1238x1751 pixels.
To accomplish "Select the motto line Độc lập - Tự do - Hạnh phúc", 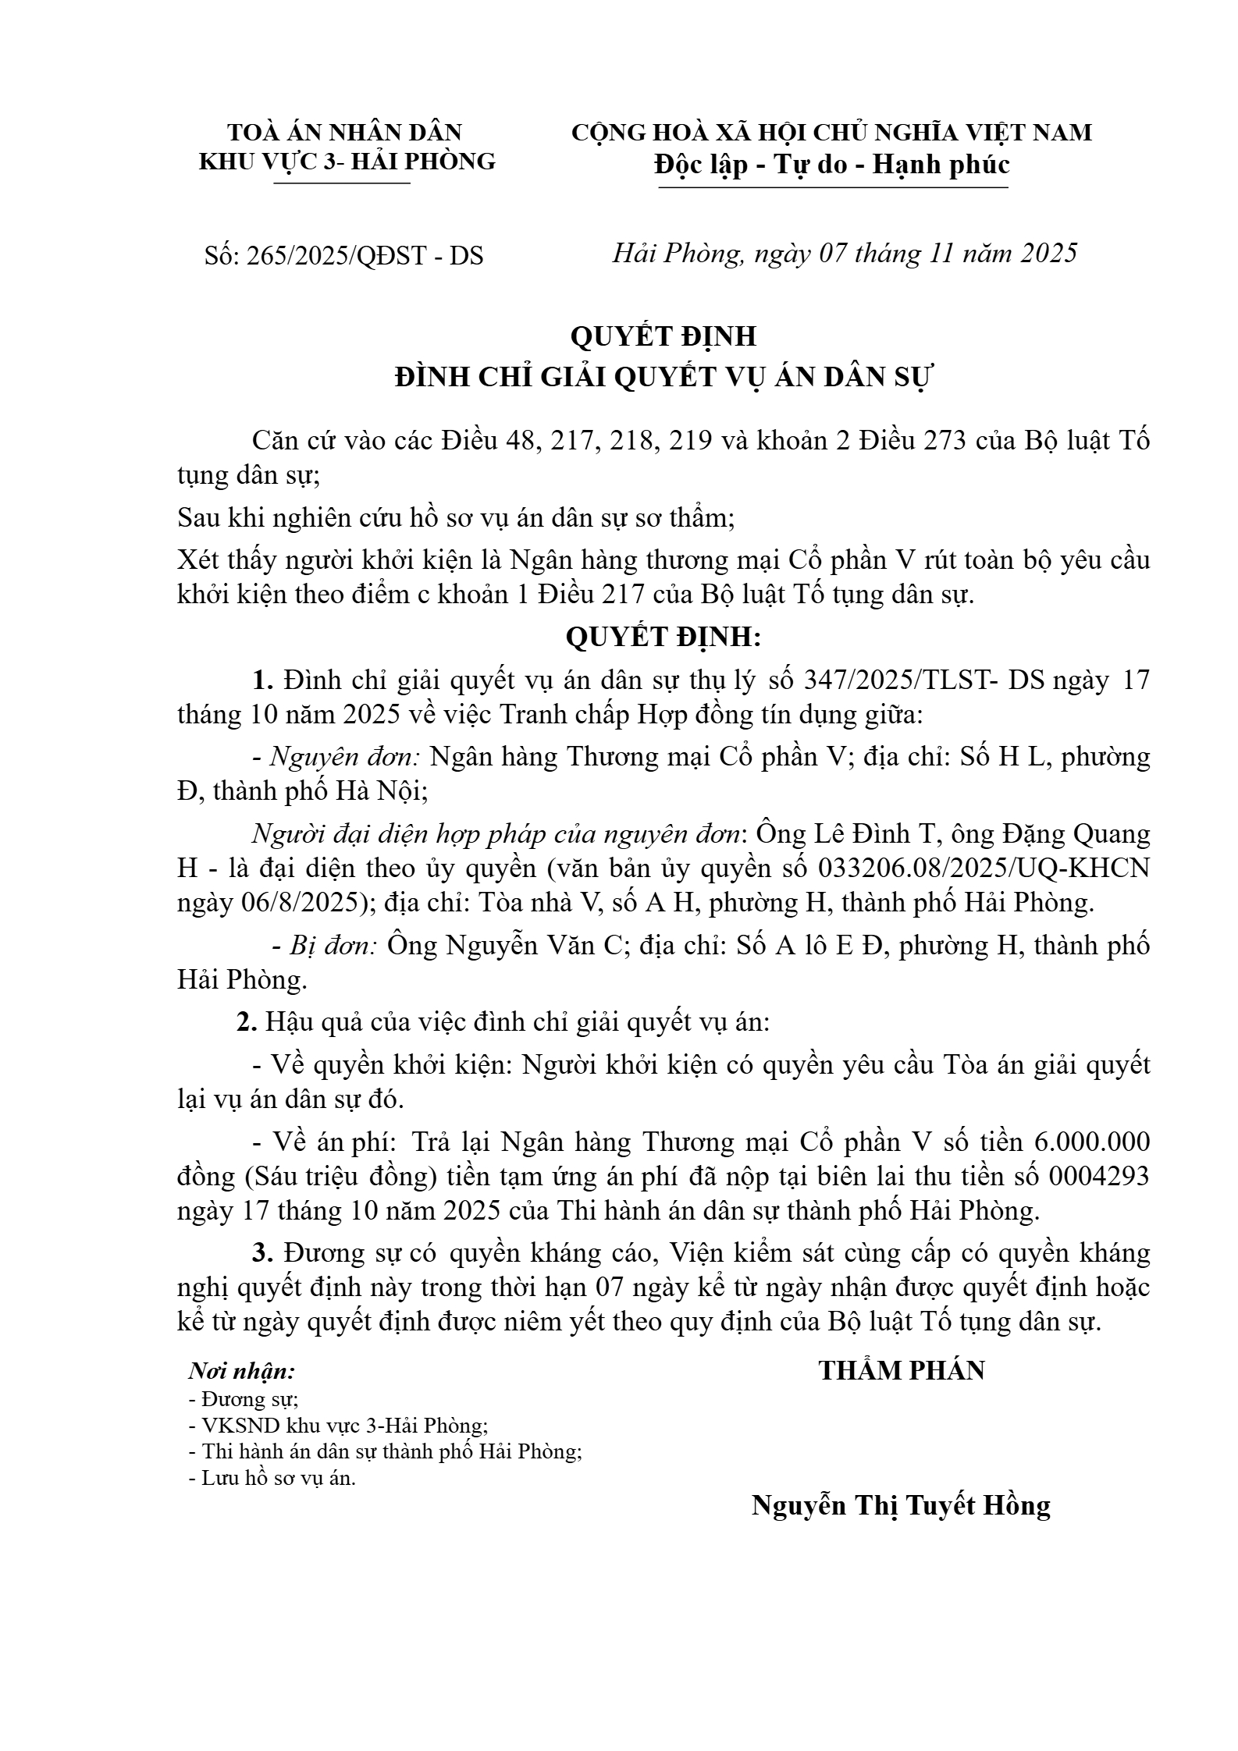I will (832, 165).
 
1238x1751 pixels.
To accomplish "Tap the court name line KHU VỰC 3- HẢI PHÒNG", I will (347, 162).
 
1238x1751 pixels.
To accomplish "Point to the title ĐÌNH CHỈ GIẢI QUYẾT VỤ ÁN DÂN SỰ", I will (663, 378).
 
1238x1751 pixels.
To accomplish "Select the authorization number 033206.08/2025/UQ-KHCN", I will (984, 868).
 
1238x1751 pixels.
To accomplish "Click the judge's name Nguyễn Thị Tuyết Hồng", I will (901, 1504).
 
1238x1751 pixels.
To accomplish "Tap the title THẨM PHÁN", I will (902, 1370).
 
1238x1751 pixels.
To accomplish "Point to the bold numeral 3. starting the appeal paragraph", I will (262, 1253).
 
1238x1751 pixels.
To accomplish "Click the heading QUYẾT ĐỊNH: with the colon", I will (663, 638).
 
